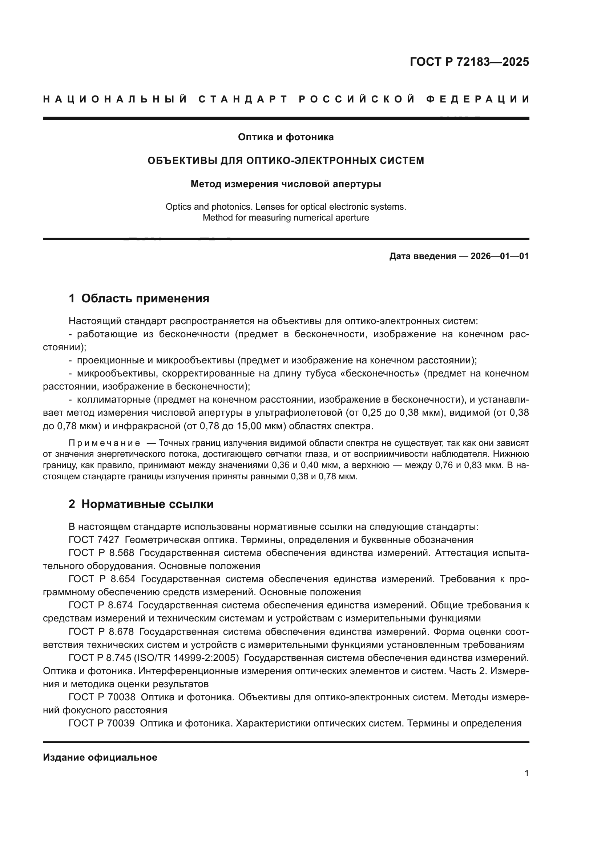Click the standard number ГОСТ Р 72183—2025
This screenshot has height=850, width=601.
click(469, 62)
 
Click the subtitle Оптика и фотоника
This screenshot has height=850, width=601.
click(286, 137)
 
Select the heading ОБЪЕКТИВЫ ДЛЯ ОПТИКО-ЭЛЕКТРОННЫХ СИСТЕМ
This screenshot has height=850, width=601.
click(286, 161)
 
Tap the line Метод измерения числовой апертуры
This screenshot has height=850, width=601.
click(286, 184)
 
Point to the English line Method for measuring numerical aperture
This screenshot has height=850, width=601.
click(286, 218)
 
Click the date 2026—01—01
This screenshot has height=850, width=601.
click(500, 256)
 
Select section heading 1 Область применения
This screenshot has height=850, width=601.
click(139, 298)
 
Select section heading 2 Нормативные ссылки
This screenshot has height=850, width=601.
click(141, 504)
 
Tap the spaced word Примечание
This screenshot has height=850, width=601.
click(104, 443)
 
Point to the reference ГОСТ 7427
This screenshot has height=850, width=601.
click(94, 540)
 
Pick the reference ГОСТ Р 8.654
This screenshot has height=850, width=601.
click(102, 579)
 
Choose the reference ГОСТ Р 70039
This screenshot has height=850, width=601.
click(102, 724)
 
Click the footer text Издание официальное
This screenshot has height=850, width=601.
click(100, 757)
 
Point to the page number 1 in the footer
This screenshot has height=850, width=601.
click(527, 773)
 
